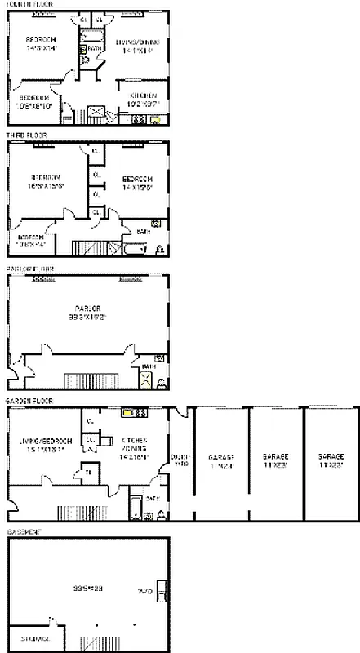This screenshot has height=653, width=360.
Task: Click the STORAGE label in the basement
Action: [x=34, y=637]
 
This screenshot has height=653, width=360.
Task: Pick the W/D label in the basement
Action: [x=145, y=590]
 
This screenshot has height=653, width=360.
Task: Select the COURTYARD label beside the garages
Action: [x=180, y=460]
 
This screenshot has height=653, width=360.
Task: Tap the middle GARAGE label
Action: [x=275, y=460]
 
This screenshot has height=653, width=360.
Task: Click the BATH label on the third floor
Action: [x=143, y=233]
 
